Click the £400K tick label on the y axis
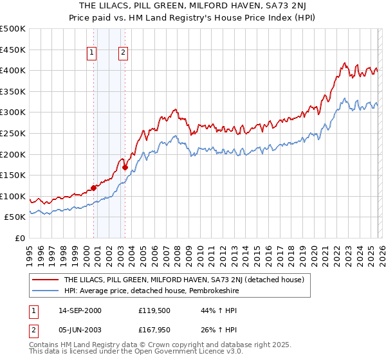pos(13,70)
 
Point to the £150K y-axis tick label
pos(13,175)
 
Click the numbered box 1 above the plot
pos(93,53)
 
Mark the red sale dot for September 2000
pos(94,188)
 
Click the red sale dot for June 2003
pos(125,167)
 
